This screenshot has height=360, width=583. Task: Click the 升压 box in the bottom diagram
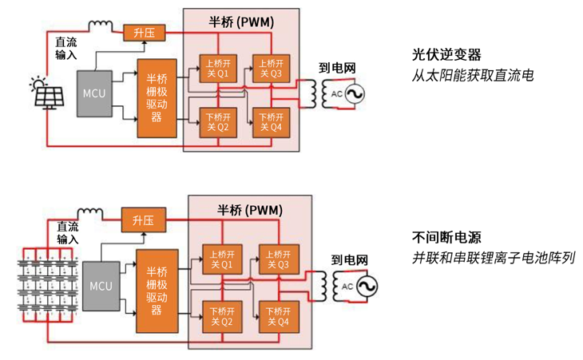pos(141,220)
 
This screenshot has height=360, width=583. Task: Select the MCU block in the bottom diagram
pos(101,286)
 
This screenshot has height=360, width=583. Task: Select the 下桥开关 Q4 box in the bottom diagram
pos(276,317)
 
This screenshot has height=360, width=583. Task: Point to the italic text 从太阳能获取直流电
pos(472,76)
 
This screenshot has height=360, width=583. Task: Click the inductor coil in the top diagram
pos(101,26)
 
